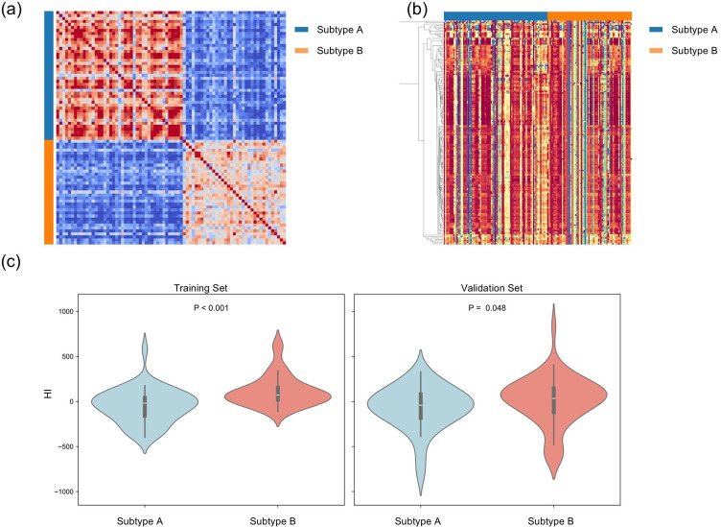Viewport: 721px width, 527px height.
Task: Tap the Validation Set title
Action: (487, 285)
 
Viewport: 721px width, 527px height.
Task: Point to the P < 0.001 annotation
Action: (210, 308)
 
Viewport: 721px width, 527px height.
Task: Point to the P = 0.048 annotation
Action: (487, 308)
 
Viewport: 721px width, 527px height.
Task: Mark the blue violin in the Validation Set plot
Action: (421, 403)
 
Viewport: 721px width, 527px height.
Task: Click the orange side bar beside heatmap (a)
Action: (49, 191)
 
